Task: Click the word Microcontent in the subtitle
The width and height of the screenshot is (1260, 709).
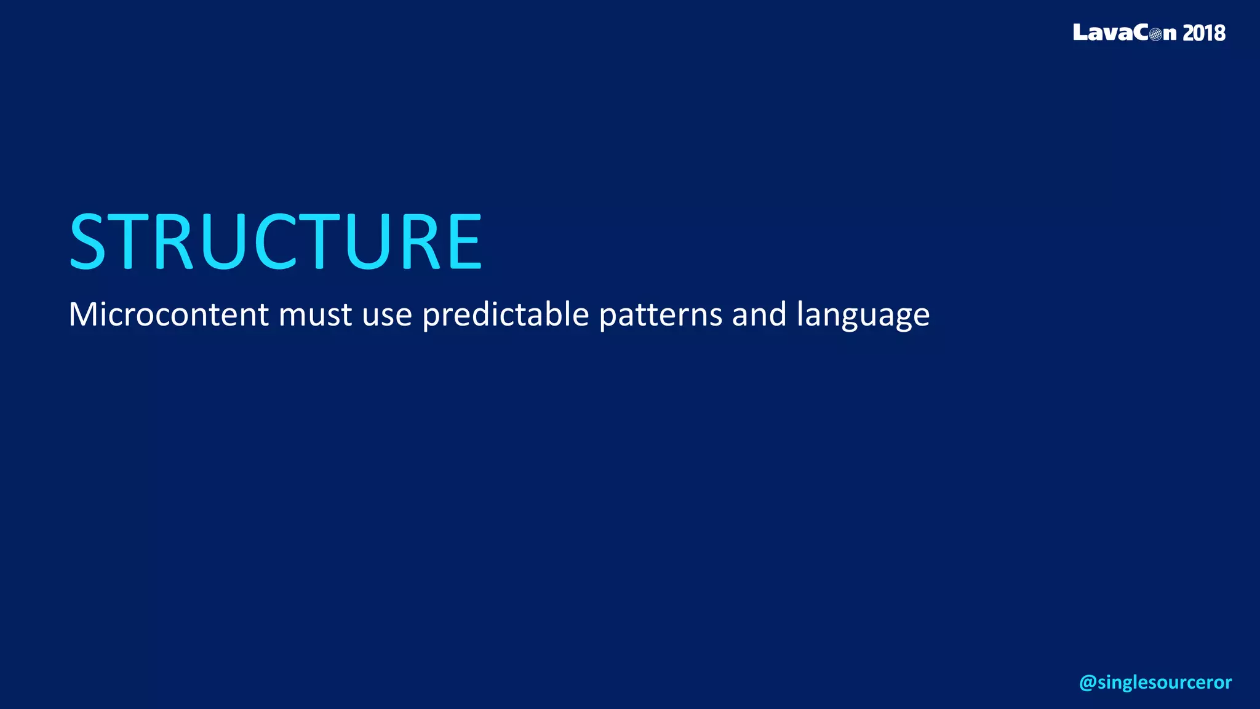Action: click(x=168, y=314)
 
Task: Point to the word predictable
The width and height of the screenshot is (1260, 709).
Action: click(x=506, y=316)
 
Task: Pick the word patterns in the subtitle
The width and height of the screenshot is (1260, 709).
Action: click(x=660, y=316)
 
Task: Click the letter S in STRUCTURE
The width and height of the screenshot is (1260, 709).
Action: click(x=88, y=241)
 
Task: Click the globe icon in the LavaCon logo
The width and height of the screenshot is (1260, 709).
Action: click(x=1155, y=34)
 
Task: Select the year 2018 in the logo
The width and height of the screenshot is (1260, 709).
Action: click(x=1203, y=33)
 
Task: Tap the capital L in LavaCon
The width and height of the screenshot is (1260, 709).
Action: click(x=1081, y=32)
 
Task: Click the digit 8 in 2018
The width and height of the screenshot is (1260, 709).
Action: click(x=1219, y=33)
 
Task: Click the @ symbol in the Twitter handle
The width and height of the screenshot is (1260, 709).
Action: click(x=1087, y=683)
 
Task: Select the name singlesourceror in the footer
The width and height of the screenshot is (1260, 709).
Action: click(x=1164, y=683)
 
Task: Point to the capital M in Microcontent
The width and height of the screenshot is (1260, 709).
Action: click(x=82, y=314)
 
